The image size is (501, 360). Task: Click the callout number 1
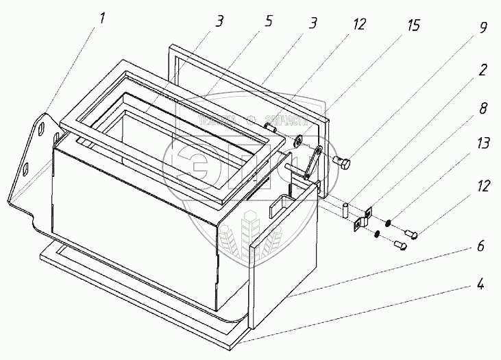102,19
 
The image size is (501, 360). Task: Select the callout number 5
268,20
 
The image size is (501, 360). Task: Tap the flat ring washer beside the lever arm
300,142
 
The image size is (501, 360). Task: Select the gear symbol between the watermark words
251,119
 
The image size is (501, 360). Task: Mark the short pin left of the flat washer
271,128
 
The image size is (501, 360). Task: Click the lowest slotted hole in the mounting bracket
27,168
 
